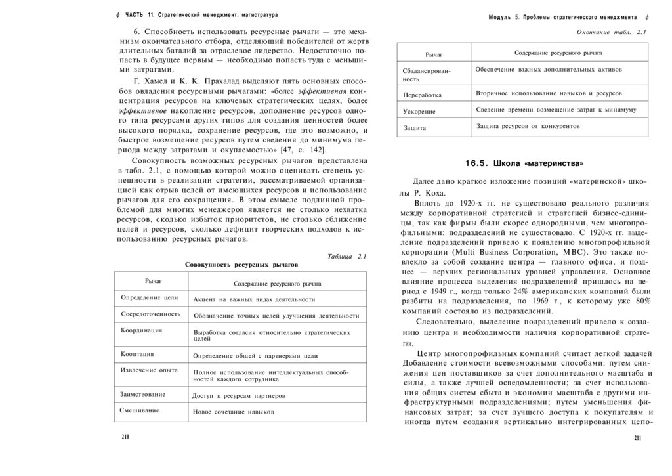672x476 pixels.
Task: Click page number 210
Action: [125, 437]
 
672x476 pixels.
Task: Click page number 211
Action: [637, 438]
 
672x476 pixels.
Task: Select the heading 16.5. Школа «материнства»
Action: [524, 163]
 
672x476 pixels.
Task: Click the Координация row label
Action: [142, 330]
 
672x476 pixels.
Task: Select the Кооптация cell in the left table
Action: [138, 353]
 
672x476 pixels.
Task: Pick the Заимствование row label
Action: [143, 394]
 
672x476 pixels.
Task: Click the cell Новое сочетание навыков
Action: [233, 412]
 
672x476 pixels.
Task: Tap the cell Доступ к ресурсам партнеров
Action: [239, 396]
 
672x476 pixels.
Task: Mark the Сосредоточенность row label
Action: [150, 314]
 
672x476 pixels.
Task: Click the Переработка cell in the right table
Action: [423, 95]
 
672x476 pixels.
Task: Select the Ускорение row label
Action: [419, 112]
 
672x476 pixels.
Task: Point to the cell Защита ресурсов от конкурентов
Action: [528, 125]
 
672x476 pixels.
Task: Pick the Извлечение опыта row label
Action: [149, 370]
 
